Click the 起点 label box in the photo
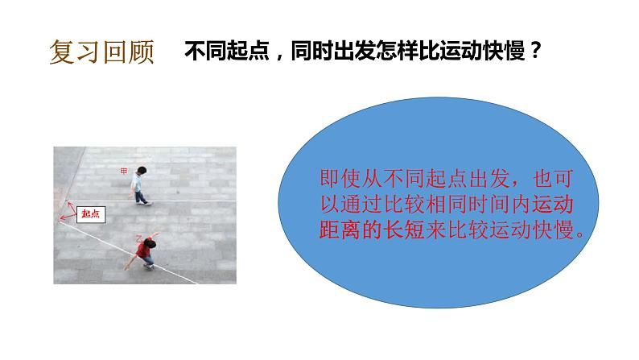point(90,213)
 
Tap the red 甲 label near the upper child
point(122,171)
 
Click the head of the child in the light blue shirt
point(142,172)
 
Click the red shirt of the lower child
point(144,251)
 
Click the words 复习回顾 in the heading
point(101,54)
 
